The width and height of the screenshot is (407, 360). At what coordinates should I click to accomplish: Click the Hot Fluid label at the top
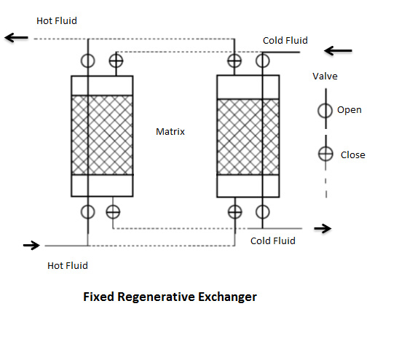[x=57, y=21]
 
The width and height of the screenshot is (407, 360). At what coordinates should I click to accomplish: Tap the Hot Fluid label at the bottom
[x=68, y=265]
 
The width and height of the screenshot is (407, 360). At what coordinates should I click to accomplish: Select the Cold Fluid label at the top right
[x=285, y=41]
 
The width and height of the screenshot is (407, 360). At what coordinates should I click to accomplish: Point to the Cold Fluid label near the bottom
[x=273, y=240]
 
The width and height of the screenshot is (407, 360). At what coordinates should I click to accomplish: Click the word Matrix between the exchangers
[x=170, y=132]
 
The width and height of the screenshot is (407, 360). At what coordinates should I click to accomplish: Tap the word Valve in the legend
[x=325, y=77]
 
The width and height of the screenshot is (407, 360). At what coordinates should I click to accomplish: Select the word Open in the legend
[x=349, y=110]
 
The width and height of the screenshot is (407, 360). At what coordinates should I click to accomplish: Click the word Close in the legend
[x=353, y=155]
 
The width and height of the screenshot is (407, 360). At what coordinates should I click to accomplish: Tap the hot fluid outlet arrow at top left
[x=16, y=38]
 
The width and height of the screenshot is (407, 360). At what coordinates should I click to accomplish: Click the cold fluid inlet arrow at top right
[x=338, y=51]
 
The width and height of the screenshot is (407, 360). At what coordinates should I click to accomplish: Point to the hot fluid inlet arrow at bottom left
[x=31, y=245]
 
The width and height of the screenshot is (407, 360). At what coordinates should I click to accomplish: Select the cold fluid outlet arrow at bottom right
[x=323, y=229]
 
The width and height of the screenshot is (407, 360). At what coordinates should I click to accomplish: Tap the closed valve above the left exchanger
[x=116, y=61]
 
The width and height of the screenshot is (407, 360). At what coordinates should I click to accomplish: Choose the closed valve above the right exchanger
[x=234, y=61]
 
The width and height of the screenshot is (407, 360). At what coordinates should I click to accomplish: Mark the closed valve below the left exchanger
[x=113, y=211]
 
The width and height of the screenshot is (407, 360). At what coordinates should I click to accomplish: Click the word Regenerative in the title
[x=156, y=297]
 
